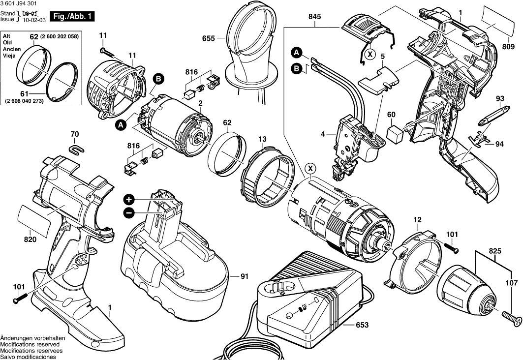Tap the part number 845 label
coord(315,17)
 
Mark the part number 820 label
coord(30,240)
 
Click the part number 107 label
coord(512,283)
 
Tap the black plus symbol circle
coord(128,200)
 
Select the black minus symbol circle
coord(128,212)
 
